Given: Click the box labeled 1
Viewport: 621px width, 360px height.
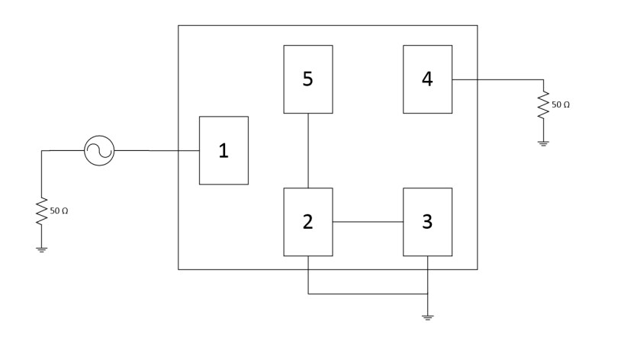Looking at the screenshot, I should (224, 150).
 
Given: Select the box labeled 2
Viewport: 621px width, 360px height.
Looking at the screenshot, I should (307, 221).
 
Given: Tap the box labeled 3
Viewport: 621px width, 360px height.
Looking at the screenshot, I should (427, 221).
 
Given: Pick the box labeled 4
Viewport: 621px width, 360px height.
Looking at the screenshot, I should (427, 79).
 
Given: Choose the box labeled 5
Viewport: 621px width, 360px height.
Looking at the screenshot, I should (307, 79).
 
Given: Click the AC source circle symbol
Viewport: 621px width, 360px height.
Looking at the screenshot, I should (99, 150).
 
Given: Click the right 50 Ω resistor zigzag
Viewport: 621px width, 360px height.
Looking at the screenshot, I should (543, 105).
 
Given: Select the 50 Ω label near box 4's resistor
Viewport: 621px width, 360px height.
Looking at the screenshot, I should (561, 104).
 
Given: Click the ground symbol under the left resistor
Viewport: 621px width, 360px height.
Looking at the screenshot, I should (42, 249).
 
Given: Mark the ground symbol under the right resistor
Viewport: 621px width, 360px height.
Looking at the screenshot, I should (543, 143).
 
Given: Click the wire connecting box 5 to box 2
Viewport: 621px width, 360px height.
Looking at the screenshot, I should (307, 150).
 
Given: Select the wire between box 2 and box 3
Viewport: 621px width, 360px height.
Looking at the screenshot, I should (368, 222).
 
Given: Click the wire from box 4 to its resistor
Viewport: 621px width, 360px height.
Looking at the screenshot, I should (496, 79).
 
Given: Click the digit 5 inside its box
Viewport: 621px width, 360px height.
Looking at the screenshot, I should (307, 79).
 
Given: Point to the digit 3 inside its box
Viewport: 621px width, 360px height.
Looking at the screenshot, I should (427, 221).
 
